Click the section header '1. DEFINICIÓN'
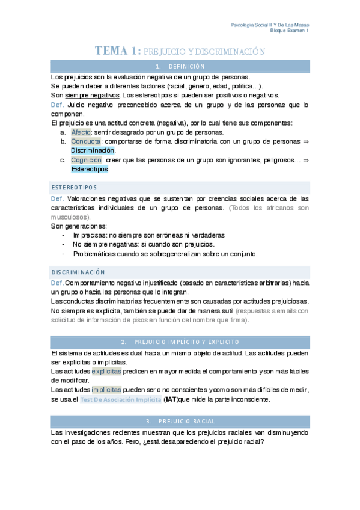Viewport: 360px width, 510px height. [180, 66]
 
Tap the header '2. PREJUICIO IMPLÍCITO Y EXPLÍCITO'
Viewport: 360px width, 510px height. [180, 341]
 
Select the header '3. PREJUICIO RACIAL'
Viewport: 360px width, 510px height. [180, 421]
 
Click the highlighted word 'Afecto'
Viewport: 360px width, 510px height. [81, 132]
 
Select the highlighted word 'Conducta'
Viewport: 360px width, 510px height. [85, 141]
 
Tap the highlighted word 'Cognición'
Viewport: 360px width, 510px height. [86, 161]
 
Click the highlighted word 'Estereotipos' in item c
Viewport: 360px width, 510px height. [90, 170]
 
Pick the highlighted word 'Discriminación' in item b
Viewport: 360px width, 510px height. [92, 150]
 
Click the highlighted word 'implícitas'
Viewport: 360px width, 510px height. [106, 389]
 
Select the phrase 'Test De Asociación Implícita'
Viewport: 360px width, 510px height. [120, 399]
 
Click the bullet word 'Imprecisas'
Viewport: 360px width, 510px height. [90, 235]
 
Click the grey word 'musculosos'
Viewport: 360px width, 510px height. [70, 217]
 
